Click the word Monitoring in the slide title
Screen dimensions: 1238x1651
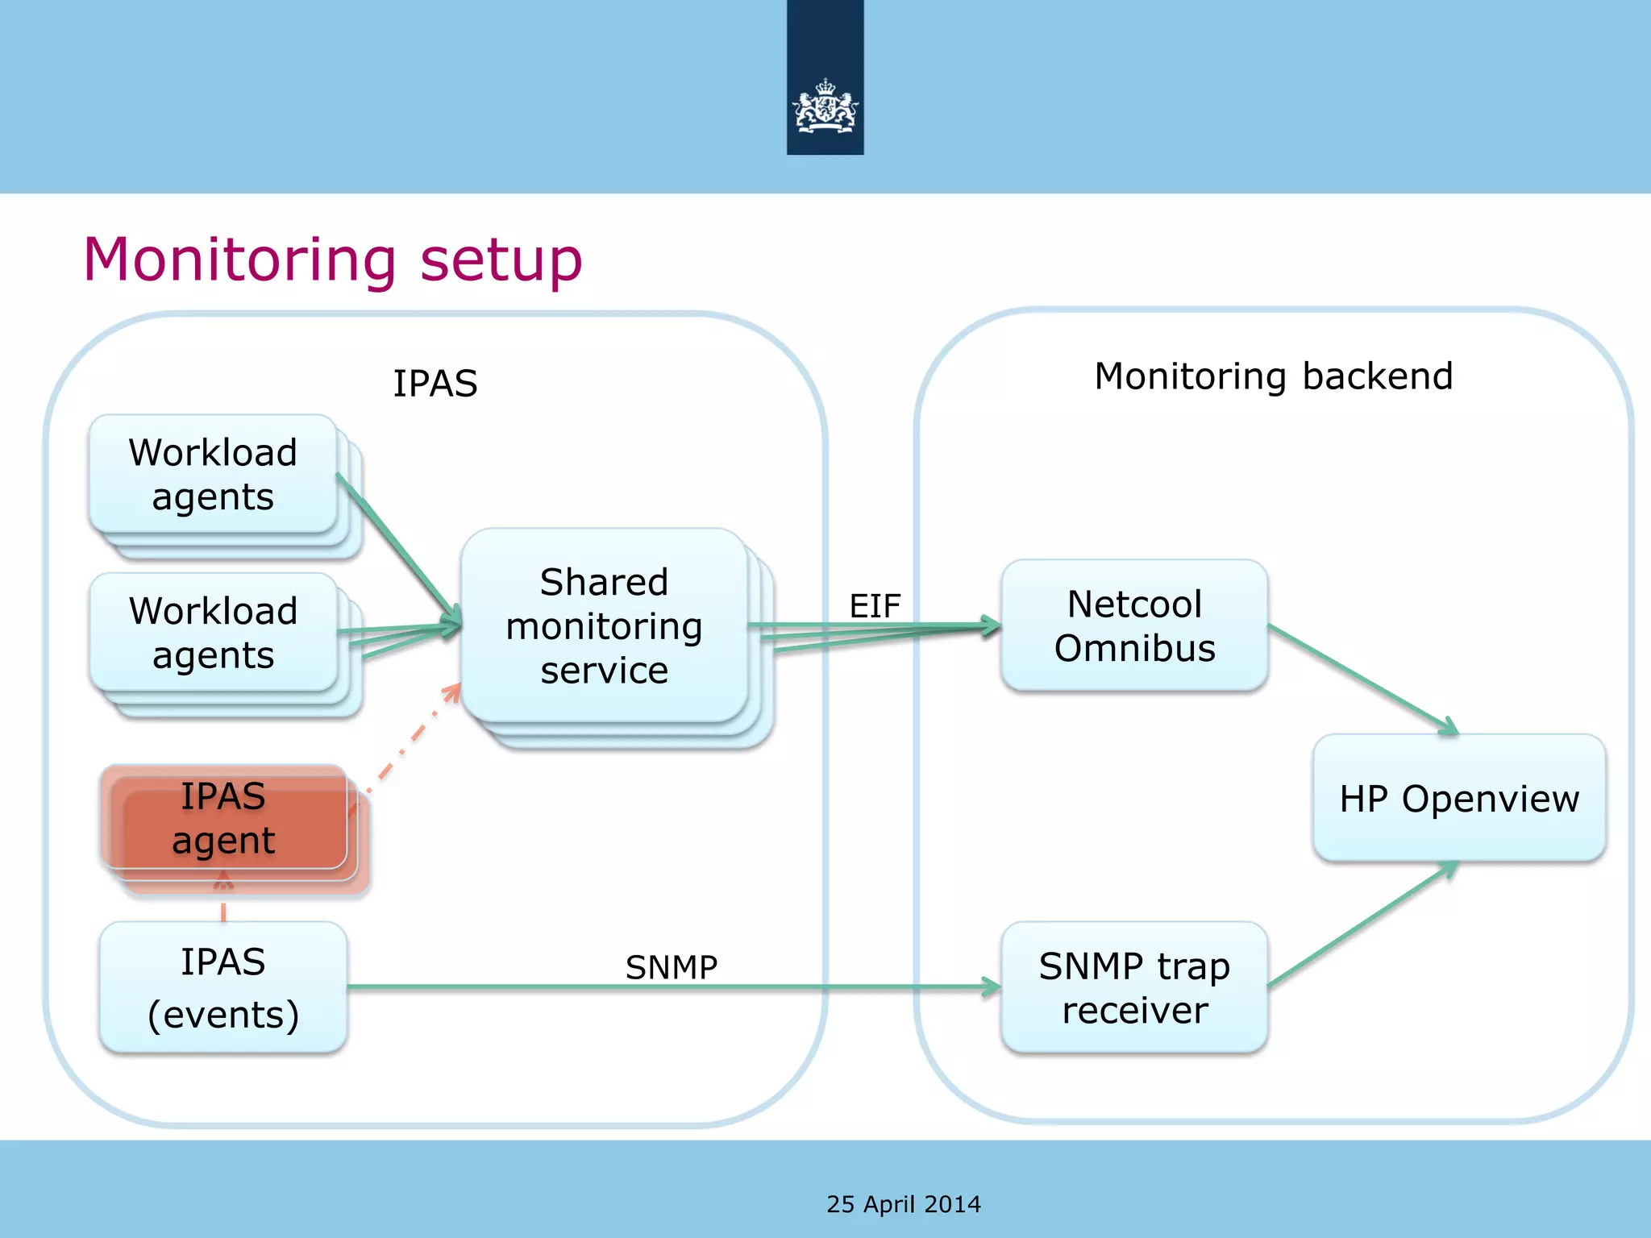click(x=239, y=260)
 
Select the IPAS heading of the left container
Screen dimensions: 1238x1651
click(x=435, y=383)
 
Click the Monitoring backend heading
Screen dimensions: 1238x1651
click(x=1273, y=376)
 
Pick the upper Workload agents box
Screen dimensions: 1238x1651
click(x=213, y=474)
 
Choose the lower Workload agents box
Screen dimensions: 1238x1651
click(x=213, y=633)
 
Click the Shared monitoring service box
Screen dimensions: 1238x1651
click(x=604, y=625)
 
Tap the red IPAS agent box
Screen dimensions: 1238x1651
click(x=223, y=818)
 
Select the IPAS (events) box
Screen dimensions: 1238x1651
click(x=223, y=987)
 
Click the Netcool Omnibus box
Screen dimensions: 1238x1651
click(x=1134, y=625)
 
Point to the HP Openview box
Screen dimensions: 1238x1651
click(x=1458, y=798)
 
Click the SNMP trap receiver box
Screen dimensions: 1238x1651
click(x=1134, y=987)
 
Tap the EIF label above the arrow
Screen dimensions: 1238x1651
click(x=875, y=605)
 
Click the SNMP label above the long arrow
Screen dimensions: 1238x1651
click(x=671, y=966)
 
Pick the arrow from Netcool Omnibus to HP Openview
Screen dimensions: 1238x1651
click(x=1362, y=679)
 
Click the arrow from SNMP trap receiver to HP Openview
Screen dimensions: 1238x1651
click(x=1362, y=924)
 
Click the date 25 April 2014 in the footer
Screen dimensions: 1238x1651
click(x=903, y=1204)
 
